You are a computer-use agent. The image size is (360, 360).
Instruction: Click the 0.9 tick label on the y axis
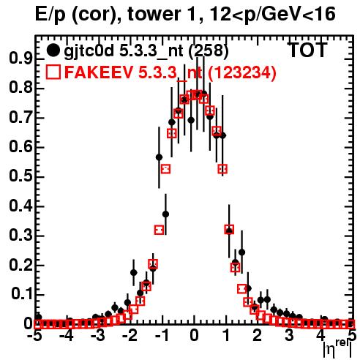coord(20,59)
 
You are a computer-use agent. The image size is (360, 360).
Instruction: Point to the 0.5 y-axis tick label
coord(20,176)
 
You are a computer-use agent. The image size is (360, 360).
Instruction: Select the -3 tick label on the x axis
coord(98,335)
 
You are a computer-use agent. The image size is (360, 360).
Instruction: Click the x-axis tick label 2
coord(257,335)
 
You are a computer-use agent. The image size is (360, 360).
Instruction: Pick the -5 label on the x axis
coord(35,335)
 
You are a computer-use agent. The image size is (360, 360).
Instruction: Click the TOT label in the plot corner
coord(308,50)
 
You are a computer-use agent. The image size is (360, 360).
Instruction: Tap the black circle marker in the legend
coord(53,50)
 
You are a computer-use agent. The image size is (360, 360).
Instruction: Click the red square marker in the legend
coord(53,72)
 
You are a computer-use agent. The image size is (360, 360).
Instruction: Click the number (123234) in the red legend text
coord(242,72)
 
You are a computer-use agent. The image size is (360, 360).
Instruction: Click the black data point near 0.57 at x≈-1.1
coord(159,157)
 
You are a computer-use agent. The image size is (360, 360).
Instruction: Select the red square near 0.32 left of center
coord(159,230)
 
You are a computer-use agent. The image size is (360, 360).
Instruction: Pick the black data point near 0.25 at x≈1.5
coord(241,252)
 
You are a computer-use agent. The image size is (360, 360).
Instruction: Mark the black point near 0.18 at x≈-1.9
coord(134,272)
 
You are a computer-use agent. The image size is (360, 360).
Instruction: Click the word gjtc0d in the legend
coord(89,51)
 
